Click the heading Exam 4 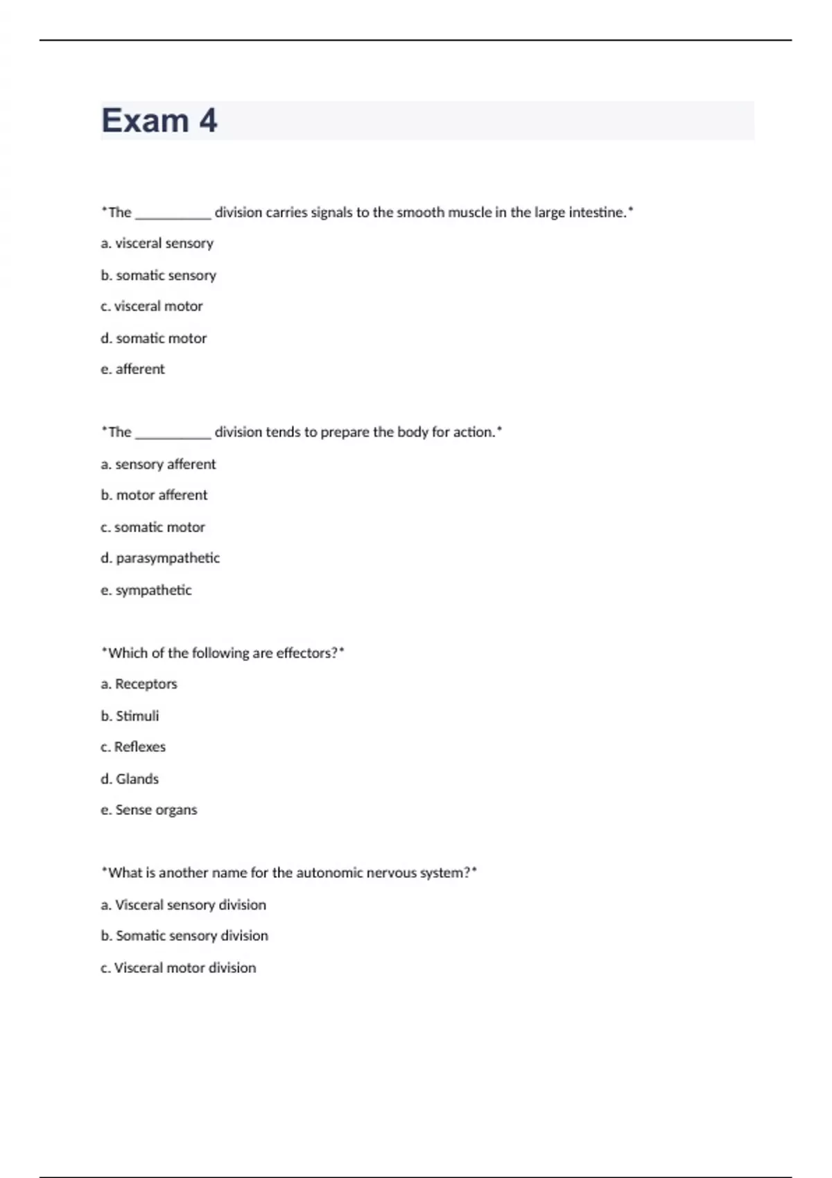(x=159, y=121)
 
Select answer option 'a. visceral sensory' (x=157, y=243)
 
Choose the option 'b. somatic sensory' (x=159, y=275)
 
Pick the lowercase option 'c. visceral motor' (x=152, y=306)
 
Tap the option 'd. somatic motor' (x=154, y=338)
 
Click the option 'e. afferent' (x=133, y=369)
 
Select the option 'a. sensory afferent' (x=159, y=464)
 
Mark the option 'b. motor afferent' (x=154, y=495)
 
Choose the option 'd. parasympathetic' (x=160, y=559)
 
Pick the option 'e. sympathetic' (x=146, y=590)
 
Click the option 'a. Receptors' (x=139, y=684)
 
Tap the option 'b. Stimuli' (x=130, y=716)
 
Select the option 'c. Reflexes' (x=133, y=747)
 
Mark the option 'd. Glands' (x=130, y=779)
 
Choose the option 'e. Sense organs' (x=149, y=810)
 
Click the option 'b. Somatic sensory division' (x=184, y=935)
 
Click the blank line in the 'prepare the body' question (x=173, y=434)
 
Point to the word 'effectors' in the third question (x=306, y=653)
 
